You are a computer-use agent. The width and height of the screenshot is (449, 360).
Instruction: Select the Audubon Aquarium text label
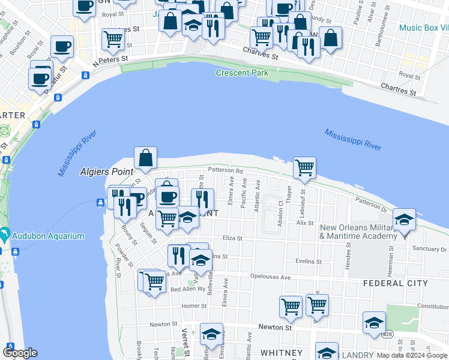(x=50, y=236)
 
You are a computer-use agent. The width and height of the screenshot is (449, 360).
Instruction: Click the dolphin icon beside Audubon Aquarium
(x=5, y=233)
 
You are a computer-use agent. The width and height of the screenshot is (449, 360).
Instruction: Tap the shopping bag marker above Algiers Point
(x=145, y=159)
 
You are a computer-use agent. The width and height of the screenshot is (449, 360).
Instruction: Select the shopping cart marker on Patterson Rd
(x=304, y=169)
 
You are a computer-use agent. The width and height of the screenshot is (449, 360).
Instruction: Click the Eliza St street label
(x=232, y=238)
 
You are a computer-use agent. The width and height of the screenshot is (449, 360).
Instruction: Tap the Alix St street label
(x=306, y=222)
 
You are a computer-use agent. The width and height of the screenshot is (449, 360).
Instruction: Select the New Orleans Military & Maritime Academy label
(x=358, y=232)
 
